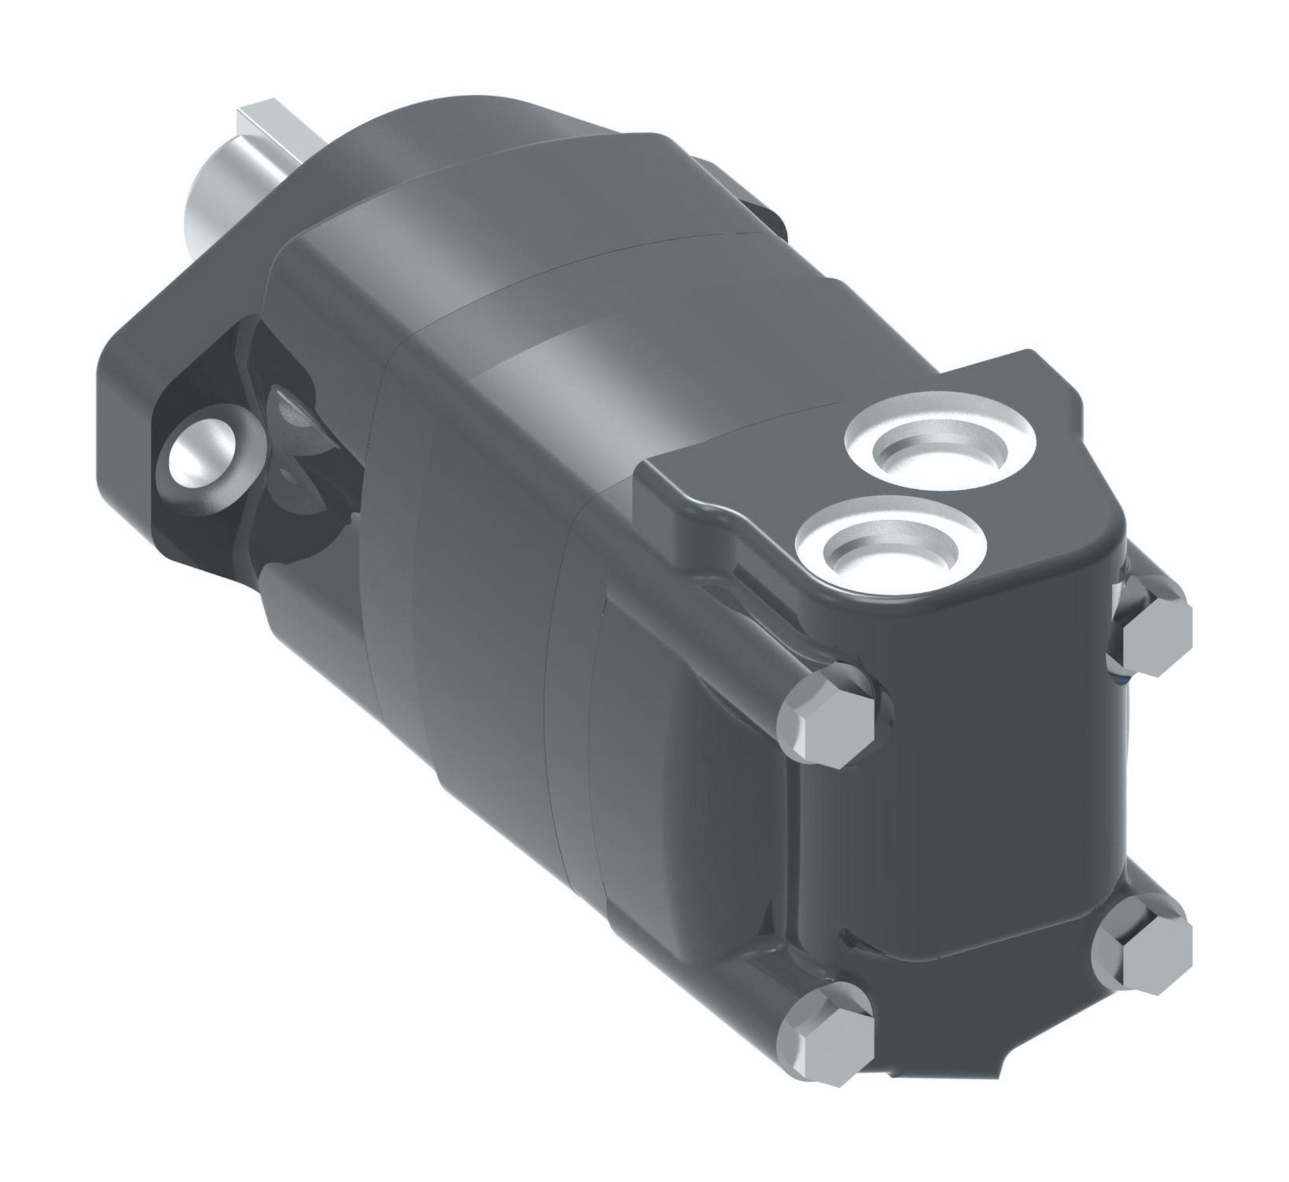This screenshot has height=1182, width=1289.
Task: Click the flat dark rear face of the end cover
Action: [967, 793]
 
